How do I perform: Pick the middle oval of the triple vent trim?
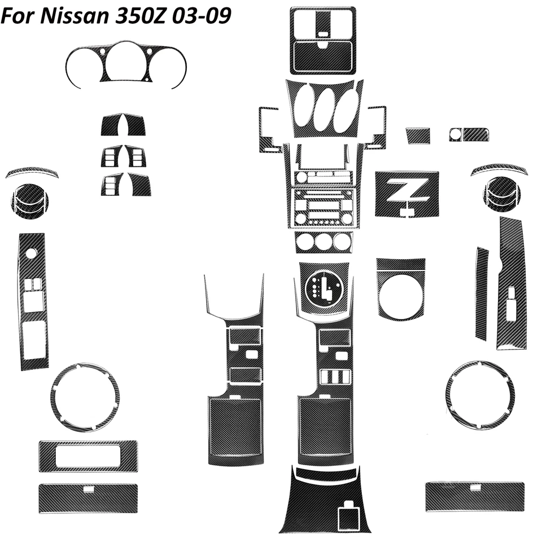point(323,108)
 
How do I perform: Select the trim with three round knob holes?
point(323,242)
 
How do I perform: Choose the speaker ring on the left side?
point(85,396)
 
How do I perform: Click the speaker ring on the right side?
point(479,394)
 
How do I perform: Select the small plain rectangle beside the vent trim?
point(418,135)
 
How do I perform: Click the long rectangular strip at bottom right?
point(474,496)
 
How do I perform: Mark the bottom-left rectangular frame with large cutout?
point(88,456)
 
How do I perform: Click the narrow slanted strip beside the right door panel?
point(481,294)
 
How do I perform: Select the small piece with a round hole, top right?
point(469,134)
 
